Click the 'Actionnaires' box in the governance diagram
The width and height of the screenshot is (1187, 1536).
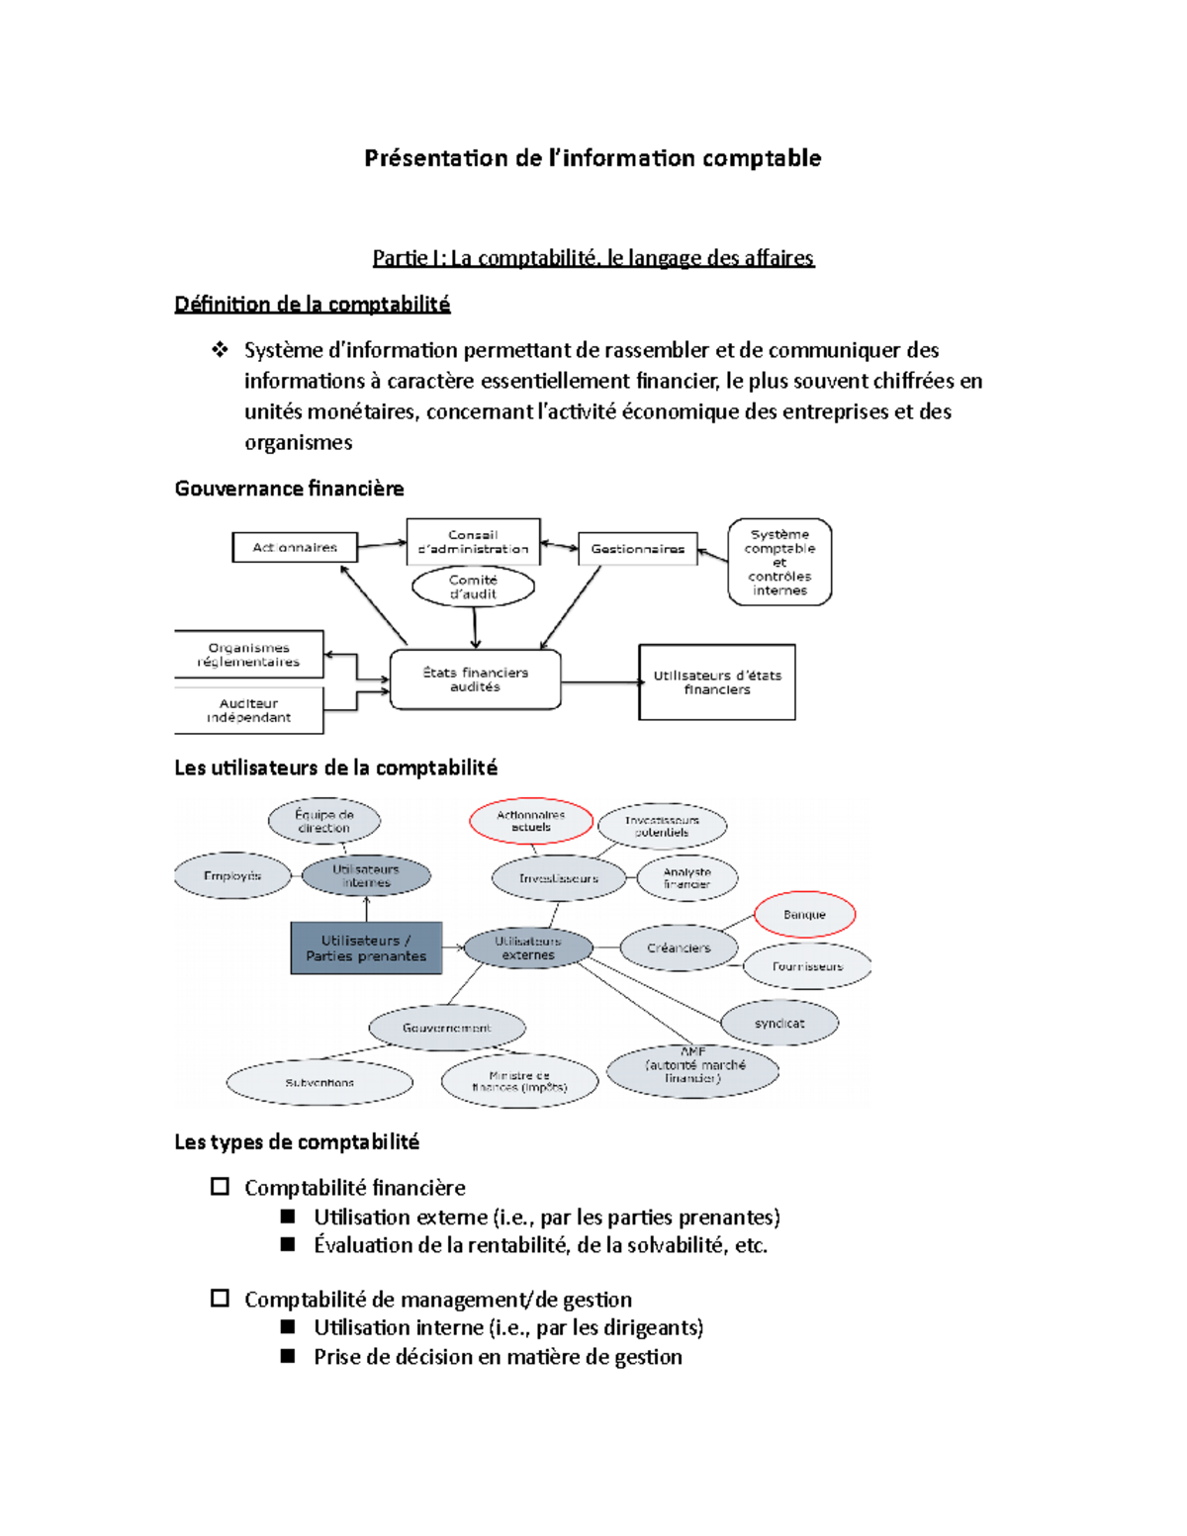[294, 547]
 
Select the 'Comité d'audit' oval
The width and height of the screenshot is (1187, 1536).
[473, 587]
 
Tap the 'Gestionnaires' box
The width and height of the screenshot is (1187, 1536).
[637, 549]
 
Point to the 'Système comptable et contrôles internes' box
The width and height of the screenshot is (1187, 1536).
[779, 562]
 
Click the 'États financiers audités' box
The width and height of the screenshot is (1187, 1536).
[475, 679]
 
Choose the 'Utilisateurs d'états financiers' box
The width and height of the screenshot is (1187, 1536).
[717, 682]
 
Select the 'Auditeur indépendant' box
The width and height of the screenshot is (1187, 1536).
[248, 711]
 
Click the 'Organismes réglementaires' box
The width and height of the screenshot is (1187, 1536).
[248, 655]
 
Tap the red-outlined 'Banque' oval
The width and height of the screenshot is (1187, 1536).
[804, 915]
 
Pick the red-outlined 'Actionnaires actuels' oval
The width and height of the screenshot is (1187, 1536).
[531, 821]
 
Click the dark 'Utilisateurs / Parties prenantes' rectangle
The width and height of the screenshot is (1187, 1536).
[366, 949]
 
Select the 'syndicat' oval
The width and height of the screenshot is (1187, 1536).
[779, 1024]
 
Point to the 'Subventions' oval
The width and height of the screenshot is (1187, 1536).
[320, 1083]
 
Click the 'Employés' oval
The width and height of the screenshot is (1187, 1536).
[232, 876]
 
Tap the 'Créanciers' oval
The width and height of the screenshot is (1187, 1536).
[679, 949]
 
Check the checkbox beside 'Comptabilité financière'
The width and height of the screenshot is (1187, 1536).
[220, 1187]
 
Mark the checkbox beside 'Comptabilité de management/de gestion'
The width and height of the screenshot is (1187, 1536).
[220, 1299]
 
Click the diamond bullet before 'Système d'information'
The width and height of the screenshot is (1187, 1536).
[220, 349]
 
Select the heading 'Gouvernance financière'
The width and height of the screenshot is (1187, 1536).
[289, 489]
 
